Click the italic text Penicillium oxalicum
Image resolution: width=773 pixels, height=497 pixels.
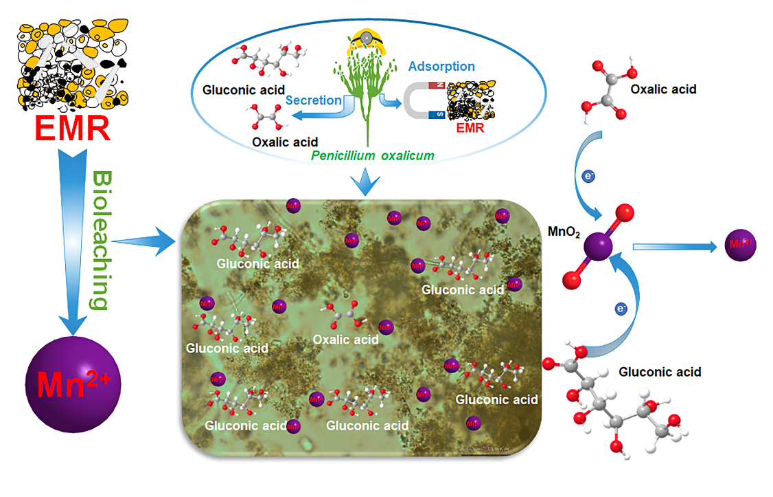pyautogui.click(x=372, y=155)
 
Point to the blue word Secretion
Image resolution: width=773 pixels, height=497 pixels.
pyautogui.click(x=313, y=100)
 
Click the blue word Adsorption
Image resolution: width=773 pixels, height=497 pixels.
pyautogui.click(x=441, y=67)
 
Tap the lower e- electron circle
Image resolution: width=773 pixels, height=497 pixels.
pyautogui.click(x=621, y=309)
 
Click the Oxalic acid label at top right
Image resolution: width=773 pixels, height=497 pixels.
pyautogui.click(x=662, y=89)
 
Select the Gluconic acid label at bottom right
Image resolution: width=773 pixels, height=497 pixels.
pyautogui.click(x=660, y=372)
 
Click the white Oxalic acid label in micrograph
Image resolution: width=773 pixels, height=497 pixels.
pyautogui.click(x=345, y=340)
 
